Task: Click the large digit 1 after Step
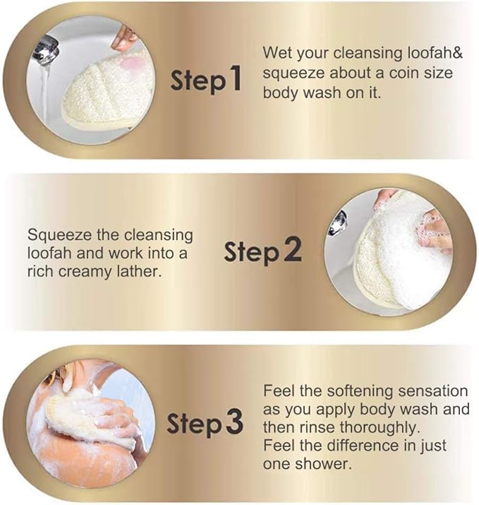tap(235, 77)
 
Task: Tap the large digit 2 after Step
tap(293, 249)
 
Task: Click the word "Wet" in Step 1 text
tap(277, 53)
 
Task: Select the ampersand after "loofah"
tap(458, 53)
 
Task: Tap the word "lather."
tap(139, 271)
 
